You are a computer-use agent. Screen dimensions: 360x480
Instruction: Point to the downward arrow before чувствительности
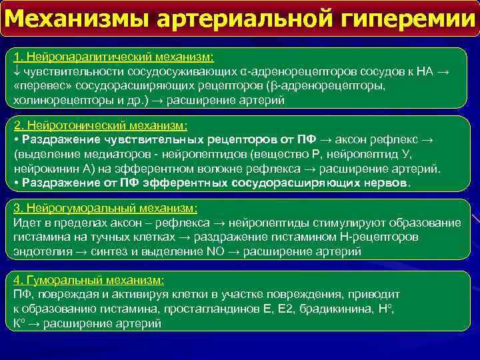click(17, 72)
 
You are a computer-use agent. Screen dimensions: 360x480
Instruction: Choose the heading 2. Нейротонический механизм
click(101, 125)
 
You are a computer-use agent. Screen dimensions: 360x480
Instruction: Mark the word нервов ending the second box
click(385, 182)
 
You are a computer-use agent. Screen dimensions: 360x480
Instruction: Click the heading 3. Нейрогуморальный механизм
click(105, 208)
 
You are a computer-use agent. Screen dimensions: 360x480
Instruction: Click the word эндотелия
click(40, 251)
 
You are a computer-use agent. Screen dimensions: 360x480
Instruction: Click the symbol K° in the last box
click(19, 323)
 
